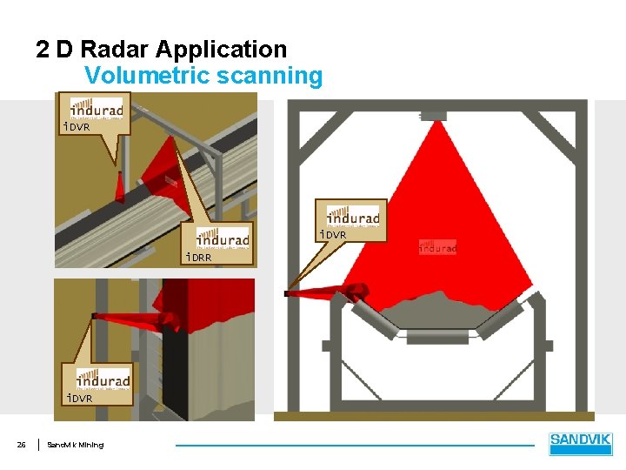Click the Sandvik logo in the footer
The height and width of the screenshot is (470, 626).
click(581, 444)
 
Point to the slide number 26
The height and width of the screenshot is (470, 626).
click(22, 446)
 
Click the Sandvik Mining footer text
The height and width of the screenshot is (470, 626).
click(75, 446)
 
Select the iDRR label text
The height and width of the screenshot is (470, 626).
click(198, 257)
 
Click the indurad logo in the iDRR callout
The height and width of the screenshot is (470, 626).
click(223, 238)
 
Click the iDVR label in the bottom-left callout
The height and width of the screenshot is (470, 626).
click(80, 398)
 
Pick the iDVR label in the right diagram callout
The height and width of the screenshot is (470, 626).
click(333, 235)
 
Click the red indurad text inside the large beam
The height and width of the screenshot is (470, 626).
click(437, 249)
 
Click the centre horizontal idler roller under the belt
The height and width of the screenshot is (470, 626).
click(436, 337)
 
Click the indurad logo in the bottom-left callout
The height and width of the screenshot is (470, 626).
click(103, 379)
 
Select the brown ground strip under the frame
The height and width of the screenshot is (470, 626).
click(435, 416)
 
